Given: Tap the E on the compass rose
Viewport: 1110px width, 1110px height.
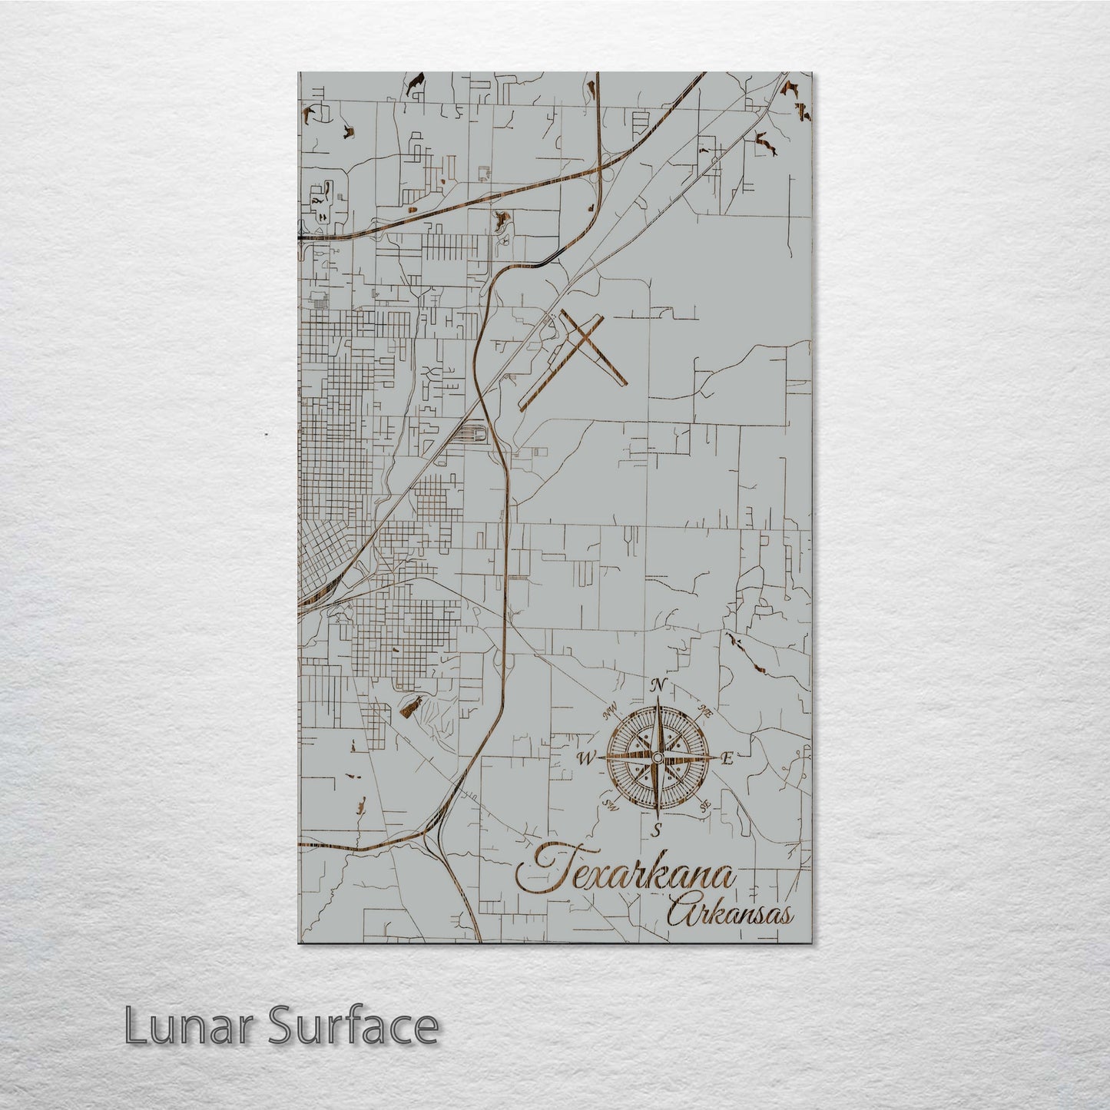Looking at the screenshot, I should [727, 759].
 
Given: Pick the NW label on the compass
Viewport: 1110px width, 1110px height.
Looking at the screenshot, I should [611, 711].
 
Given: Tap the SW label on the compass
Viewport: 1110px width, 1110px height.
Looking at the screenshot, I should [611, 805].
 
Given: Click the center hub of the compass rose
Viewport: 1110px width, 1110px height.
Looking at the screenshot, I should [657, 759].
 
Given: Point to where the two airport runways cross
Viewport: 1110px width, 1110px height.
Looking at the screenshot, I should [585, 338].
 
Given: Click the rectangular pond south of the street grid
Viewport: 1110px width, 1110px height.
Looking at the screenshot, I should [411, 705].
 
